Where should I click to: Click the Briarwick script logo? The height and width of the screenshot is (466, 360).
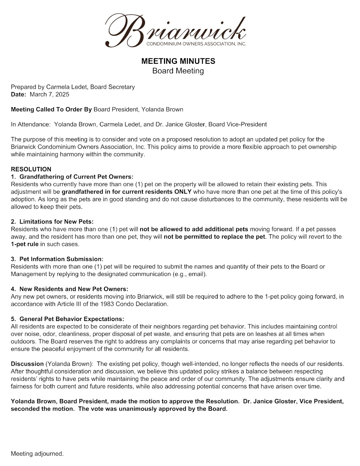click(175, 31)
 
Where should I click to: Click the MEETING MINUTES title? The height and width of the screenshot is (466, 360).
click(178, 61)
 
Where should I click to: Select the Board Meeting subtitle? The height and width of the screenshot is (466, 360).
click(178, 71)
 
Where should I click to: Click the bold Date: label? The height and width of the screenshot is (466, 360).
click(18, 94)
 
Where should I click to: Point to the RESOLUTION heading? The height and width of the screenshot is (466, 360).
click(31, 169)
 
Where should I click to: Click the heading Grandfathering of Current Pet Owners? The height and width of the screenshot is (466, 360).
click(76, 177)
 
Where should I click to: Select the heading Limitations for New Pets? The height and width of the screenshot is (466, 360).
click(56, 221)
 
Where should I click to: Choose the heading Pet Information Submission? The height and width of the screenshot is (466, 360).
click(61, 259)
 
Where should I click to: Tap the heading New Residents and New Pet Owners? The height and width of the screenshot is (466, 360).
click(74, 289)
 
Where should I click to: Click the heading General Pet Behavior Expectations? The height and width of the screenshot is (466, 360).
click(71, 319)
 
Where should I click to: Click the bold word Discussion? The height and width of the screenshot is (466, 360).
click(27, 364)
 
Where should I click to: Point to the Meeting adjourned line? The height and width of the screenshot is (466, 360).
click(37, 454)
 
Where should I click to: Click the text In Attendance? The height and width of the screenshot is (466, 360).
click(31, 124)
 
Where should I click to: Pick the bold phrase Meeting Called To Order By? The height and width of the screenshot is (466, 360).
click(51, 109)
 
